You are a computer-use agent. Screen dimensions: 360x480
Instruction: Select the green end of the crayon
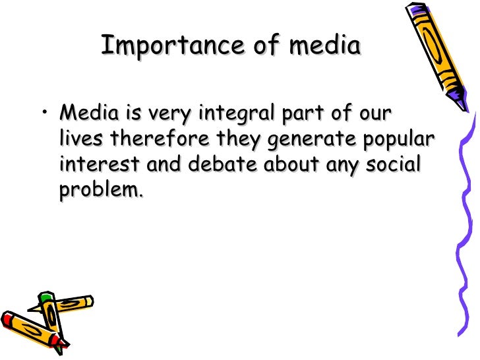click(44, 301)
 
